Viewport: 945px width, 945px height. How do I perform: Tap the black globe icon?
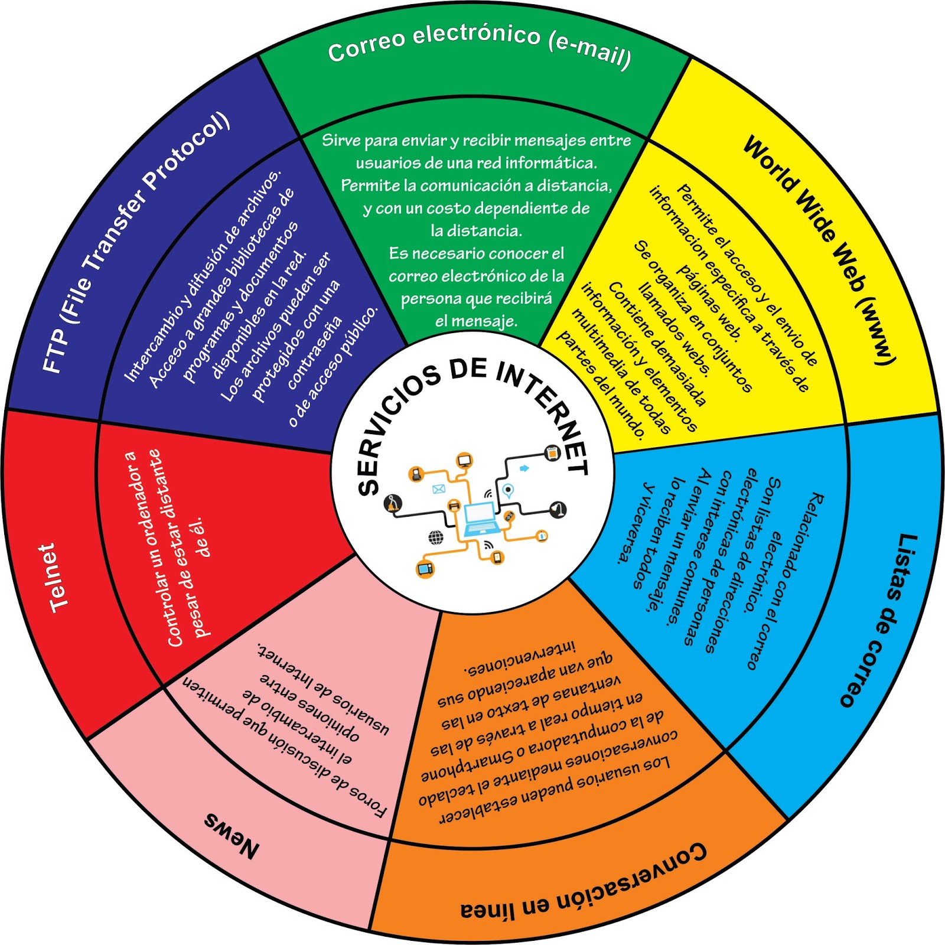436,537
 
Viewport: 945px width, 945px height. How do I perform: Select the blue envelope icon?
438,489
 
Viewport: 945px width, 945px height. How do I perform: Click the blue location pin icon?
508,490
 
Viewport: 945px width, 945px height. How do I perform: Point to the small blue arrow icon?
524,468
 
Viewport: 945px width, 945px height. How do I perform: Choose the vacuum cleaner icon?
558,509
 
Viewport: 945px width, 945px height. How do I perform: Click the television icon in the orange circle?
425,568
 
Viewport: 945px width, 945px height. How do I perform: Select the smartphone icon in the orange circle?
497,557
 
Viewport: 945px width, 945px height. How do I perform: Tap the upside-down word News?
232,835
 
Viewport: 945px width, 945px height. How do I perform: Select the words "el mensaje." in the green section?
476,321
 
